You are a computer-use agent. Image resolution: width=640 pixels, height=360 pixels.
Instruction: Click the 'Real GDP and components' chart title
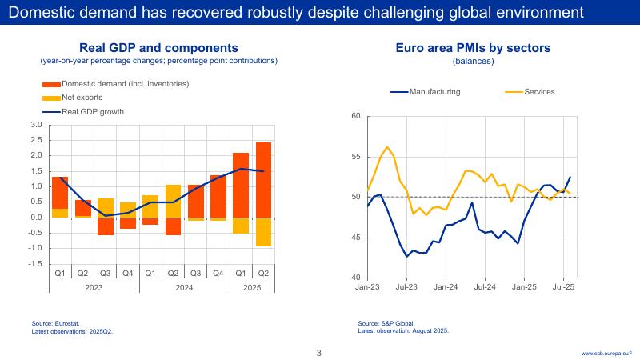tap(158, 48)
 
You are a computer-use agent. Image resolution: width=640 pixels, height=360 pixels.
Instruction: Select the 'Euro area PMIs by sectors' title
tap(473, 48)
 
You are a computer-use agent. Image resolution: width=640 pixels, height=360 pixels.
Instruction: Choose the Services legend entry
tap(538, 91)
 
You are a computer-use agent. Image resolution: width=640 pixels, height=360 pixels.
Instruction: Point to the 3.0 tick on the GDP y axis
tap(36, 125)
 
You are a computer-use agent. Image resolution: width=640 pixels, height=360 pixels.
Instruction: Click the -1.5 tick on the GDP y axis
tap(36, 263)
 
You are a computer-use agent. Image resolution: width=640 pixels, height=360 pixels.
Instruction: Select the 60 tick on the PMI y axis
tap(356, 117)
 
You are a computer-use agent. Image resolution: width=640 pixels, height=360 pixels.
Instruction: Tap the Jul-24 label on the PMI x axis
tap(485, 286)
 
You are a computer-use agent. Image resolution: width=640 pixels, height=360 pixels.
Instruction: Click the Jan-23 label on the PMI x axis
tap(367, 286)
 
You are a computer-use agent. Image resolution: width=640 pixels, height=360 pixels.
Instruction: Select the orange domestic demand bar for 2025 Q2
tap(263, 180)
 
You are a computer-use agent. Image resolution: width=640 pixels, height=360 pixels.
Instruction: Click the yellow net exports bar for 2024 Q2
tap(174, 201)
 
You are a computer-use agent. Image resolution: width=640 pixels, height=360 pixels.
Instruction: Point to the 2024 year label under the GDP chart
tap(185, 286)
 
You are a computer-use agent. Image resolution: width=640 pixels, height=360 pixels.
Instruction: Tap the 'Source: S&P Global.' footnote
tap(386, 323)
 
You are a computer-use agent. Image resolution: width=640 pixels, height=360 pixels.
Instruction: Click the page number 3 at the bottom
tap(319, 353)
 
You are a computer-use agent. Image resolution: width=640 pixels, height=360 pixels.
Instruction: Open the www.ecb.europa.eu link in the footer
tap(606, 353)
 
